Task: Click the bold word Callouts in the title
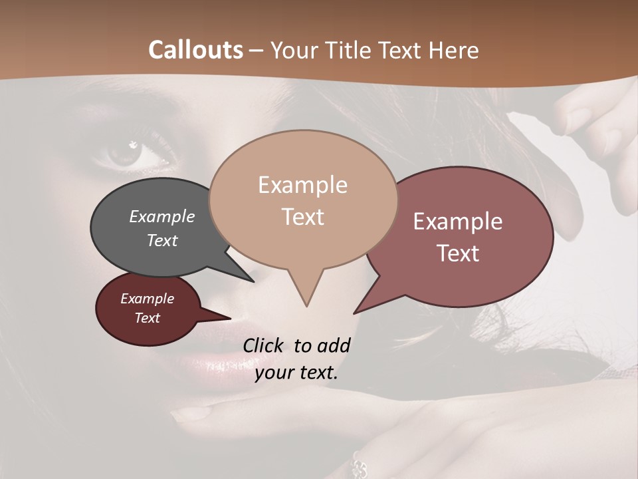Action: click(x=195, y=51)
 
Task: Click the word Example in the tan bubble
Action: click(x=302, y=185)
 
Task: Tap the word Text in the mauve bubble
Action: click(x=458, y=253)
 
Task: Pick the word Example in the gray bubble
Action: click(x=162, y=217)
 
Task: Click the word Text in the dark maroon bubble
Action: click(x=148, y=318)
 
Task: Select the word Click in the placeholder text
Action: click(x=265, y=345)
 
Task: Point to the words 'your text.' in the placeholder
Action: click(x=296, y=373)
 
